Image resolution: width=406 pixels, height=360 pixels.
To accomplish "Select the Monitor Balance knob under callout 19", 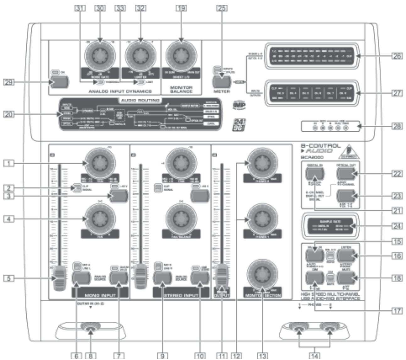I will click(181, 55).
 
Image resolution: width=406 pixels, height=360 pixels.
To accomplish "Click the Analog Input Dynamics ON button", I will click(59, 82).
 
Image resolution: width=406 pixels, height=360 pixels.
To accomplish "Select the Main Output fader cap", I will click(222, 276).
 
